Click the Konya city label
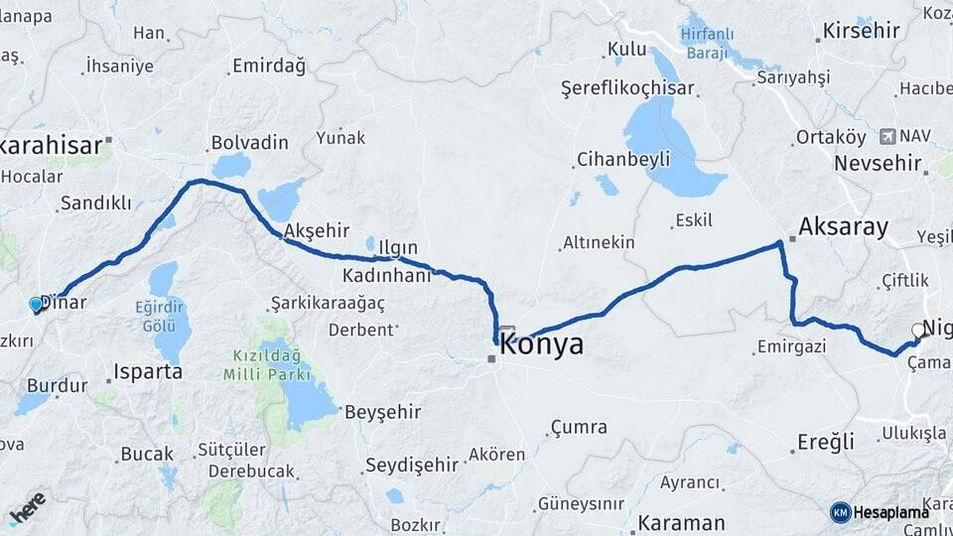(542, 345)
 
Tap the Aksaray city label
(843, 226)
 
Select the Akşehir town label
(312, 230)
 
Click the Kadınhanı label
(387, 275)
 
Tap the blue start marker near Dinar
(37, 305)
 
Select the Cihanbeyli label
(622, 159)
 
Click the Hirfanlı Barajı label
(707, 43)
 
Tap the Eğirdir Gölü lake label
(161, 316)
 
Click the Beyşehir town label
(382, 412)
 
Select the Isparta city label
(148, 372)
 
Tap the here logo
(27, 507)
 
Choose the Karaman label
(681, 522)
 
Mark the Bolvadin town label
(249, 142)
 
